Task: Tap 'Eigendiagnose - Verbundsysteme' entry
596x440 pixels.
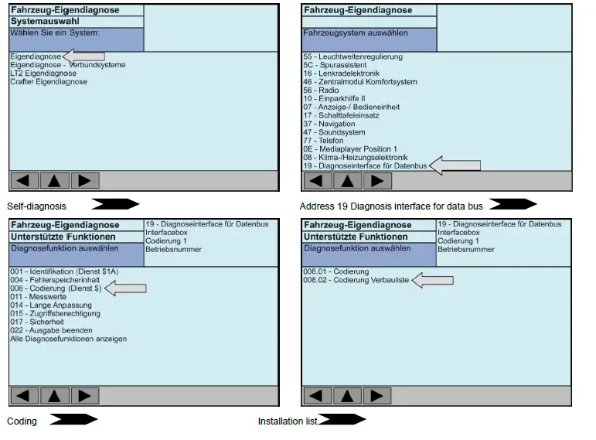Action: tap(67, 65)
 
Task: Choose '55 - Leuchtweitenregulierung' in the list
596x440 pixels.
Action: tap(352, 56)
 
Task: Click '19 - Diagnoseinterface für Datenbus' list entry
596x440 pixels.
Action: tap(365, 165)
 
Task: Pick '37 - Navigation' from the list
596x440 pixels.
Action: tap(329, 124)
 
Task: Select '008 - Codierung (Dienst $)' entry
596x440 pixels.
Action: tap(56, 288)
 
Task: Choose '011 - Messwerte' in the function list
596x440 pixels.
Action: tap(39, 297)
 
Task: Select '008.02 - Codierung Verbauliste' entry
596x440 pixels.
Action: tap(356, 281)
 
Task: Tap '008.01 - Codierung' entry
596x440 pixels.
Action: tap(336, 272)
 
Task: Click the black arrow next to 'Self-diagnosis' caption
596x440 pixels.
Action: tap(115, 205)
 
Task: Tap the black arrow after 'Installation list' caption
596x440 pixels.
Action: tap(342, 421)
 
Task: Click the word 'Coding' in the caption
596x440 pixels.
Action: tap(22, 421)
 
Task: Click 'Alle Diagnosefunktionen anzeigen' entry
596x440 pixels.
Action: tap(68, 339)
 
